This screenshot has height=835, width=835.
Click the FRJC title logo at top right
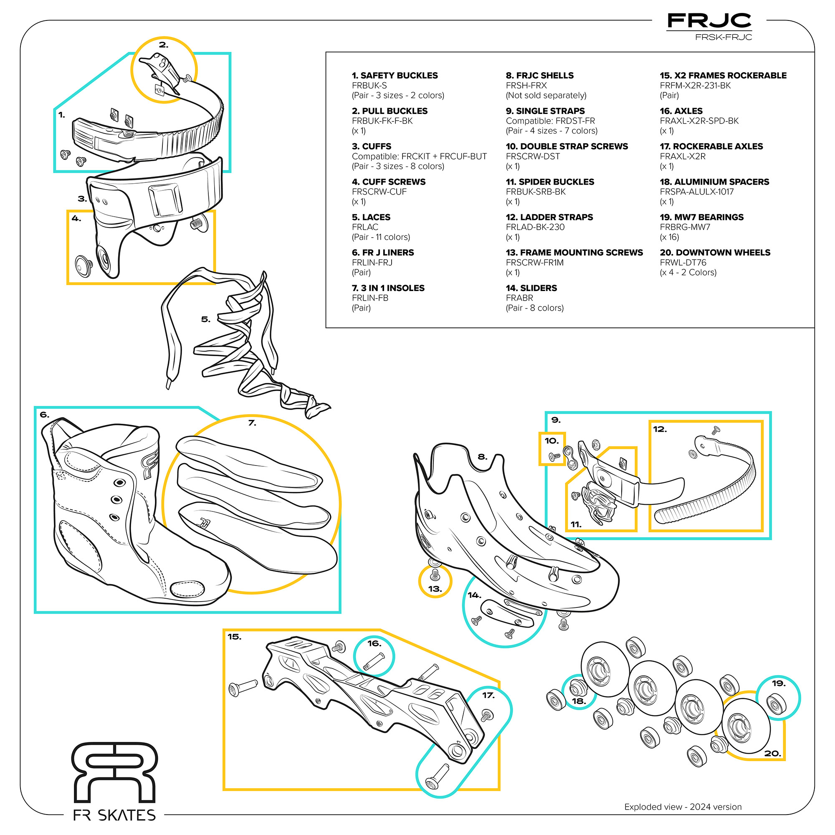point(709,21)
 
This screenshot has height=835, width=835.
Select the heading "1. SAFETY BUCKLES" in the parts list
point(395,76)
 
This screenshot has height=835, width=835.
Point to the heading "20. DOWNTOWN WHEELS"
point(715,253)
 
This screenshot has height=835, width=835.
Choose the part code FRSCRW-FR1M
point(535,263)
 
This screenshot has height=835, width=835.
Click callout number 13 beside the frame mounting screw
point(435,589)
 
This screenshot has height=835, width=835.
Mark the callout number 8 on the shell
point(482,457)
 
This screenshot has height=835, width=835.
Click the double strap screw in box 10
point(554,456)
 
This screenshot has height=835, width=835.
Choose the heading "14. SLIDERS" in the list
point(531,288)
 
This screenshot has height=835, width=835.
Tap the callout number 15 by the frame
point(234,637)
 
